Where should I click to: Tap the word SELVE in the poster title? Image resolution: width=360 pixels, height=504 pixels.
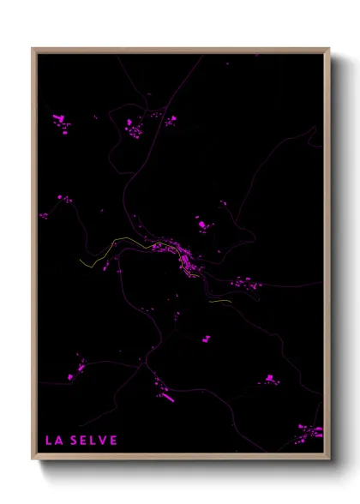point(96,441)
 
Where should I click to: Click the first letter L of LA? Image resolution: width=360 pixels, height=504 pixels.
point(48,441)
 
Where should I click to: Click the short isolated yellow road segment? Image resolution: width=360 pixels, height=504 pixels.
point(219,301)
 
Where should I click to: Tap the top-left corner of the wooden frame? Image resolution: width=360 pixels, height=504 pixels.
point(33,49)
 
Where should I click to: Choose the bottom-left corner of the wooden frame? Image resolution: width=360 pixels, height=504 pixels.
point(33,459)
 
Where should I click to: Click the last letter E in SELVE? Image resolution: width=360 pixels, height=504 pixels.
point(114,441)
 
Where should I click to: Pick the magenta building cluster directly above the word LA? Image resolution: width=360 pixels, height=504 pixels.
point(81,367)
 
